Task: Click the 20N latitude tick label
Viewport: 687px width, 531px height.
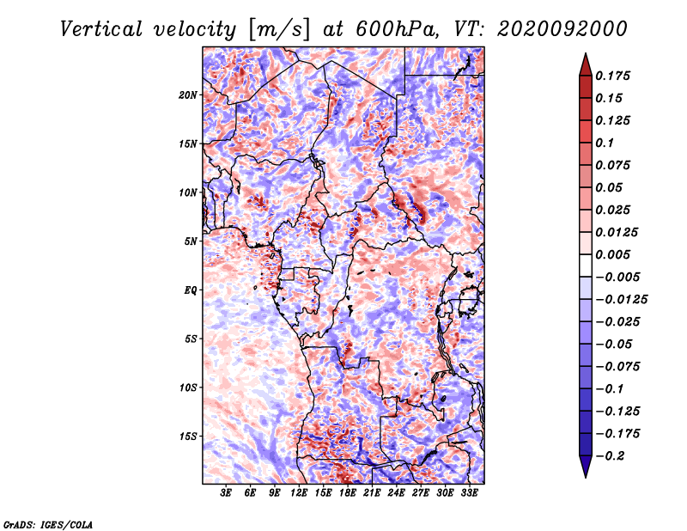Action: coord(188,95)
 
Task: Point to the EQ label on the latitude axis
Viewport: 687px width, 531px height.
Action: coord(191,290)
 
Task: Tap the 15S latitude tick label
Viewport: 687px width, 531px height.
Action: coord(188,436)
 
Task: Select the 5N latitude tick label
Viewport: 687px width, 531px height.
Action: coord(191,241)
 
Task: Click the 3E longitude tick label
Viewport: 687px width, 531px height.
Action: coord(226,493)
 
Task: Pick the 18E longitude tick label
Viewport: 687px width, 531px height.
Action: coord(348,493)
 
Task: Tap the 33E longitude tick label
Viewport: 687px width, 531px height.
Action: coord(469,493)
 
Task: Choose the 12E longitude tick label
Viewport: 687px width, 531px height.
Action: coord(299,493)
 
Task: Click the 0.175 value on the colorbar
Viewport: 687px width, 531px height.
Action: coord(612,76)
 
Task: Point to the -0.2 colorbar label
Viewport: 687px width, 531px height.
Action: coord(610,456)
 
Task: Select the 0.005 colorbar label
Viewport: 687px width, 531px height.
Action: coord(612,254)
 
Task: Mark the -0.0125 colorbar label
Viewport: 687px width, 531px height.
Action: coord(621,300)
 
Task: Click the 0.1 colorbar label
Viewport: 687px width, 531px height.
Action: coord(605,143)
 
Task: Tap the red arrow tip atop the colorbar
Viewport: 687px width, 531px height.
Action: coord(586,53)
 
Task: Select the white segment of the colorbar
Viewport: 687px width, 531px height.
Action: coord(586,265)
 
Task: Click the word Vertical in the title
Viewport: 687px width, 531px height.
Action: coord(101,29)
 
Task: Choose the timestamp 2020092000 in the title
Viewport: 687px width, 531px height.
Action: coord(562,29)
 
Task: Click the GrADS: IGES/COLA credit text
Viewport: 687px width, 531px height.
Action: coord(48,524)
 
